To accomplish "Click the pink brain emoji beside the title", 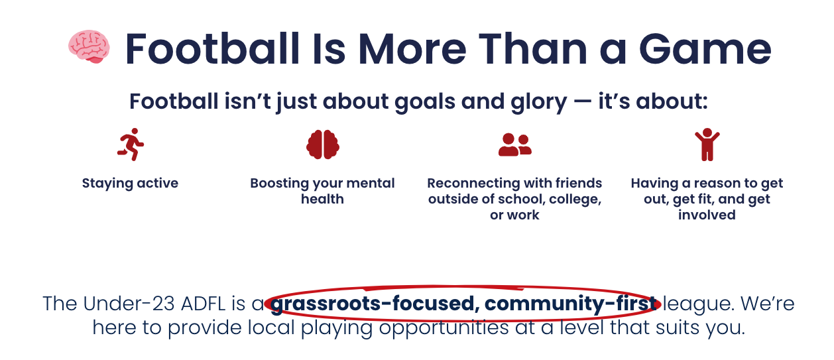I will click(x=89, y=47).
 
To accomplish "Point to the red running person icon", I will click(x=131, y=144).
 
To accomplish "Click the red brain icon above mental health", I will click(x=323, y=144).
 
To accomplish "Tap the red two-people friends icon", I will click(x=514, y=144).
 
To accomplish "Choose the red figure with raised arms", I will click(x=707, y=145).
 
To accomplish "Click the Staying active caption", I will click(x=130, y=184).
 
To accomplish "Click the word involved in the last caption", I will click(x=707, y=215).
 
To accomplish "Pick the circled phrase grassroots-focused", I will click(x=376, y=304).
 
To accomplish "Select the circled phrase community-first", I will click(x=576, y=304).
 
